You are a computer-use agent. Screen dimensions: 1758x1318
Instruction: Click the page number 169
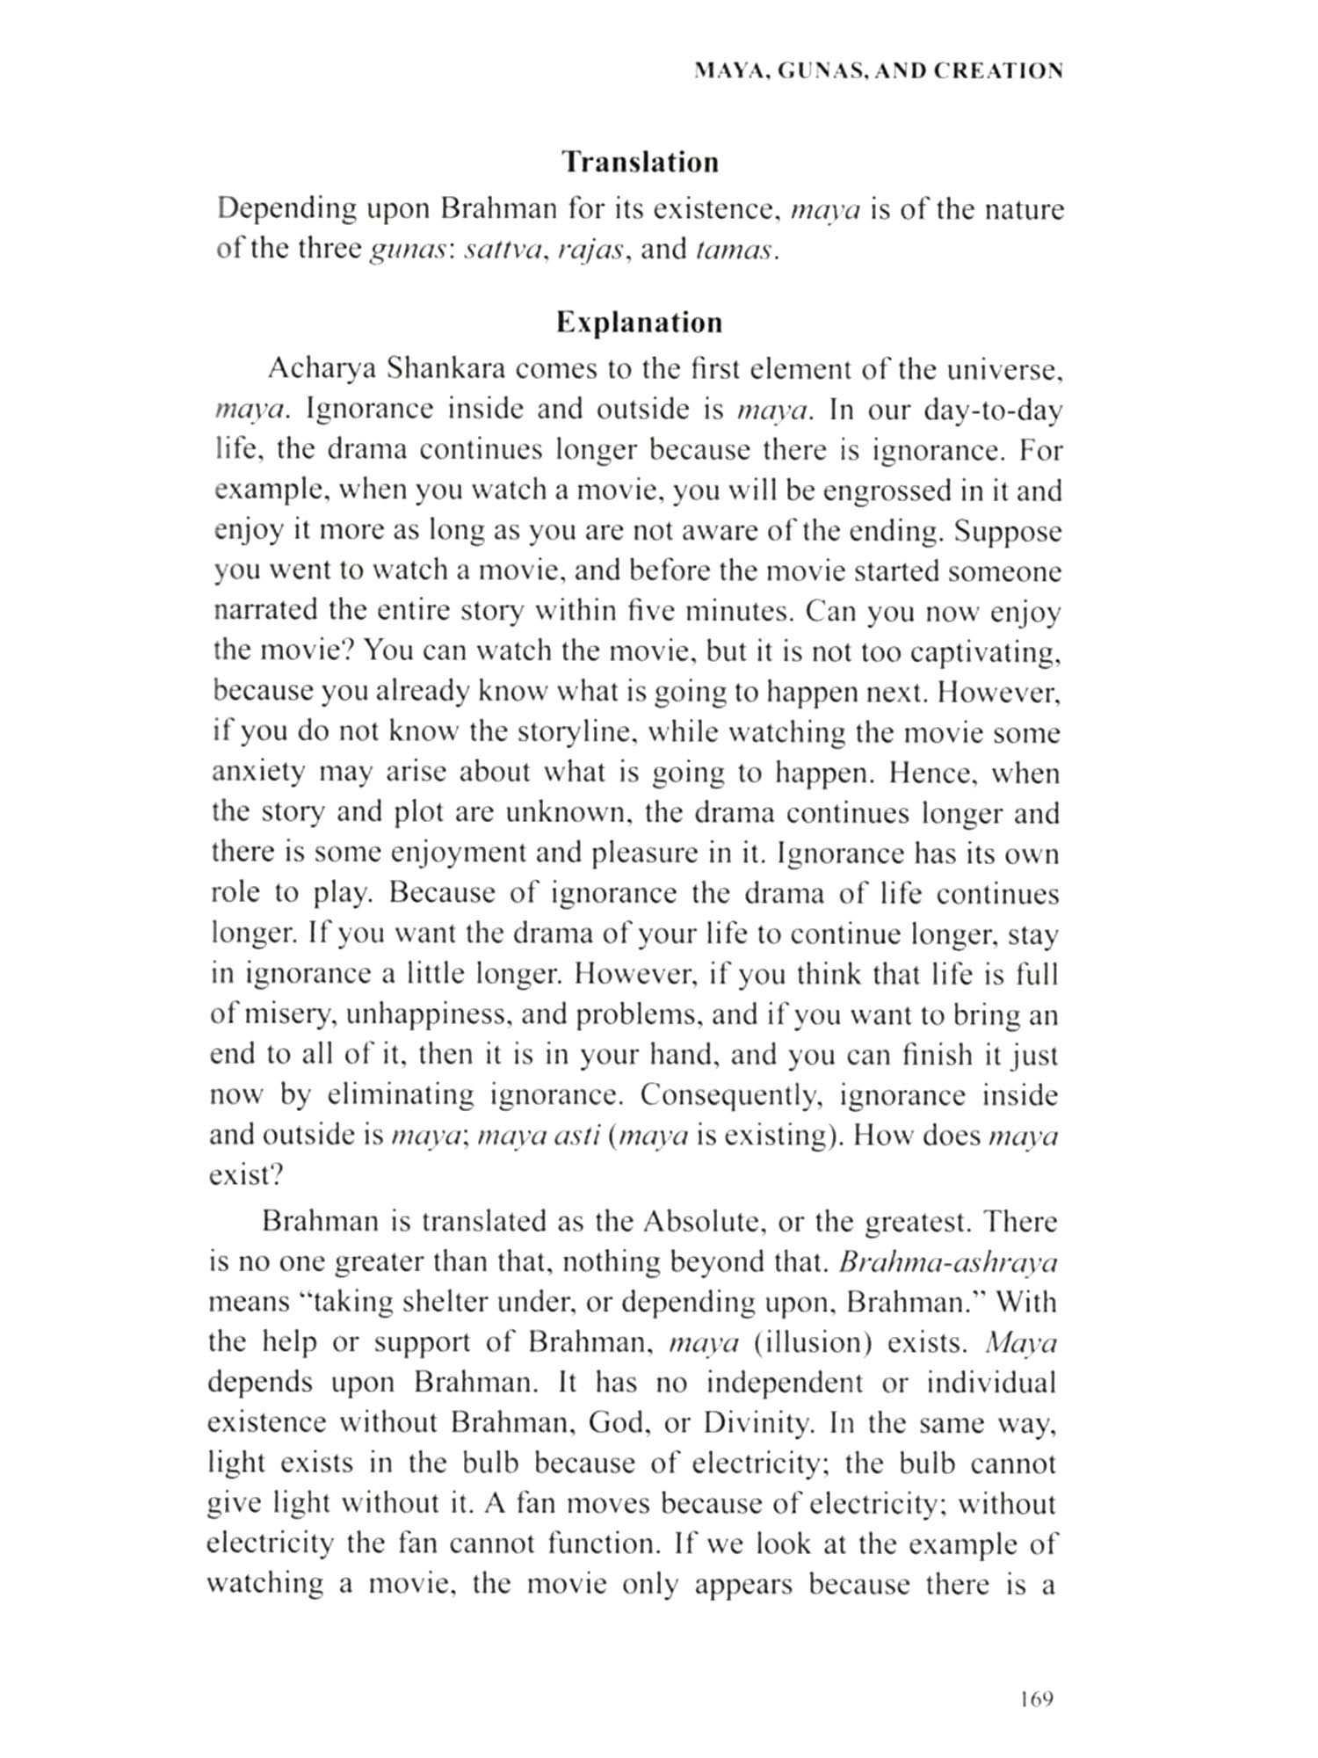[x=1036, y=1698]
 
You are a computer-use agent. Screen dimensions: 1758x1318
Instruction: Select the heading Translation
[x=640, y=163]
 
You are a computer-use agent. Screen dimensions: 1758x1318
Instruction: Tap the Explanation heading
[x=639, y=323]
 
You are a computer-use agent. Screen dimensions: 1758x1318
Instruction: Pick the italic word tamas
[x=735, y=250]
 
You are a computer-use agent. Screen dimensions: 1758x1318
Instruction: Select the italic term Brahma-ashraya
[x=948, y=1262]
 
